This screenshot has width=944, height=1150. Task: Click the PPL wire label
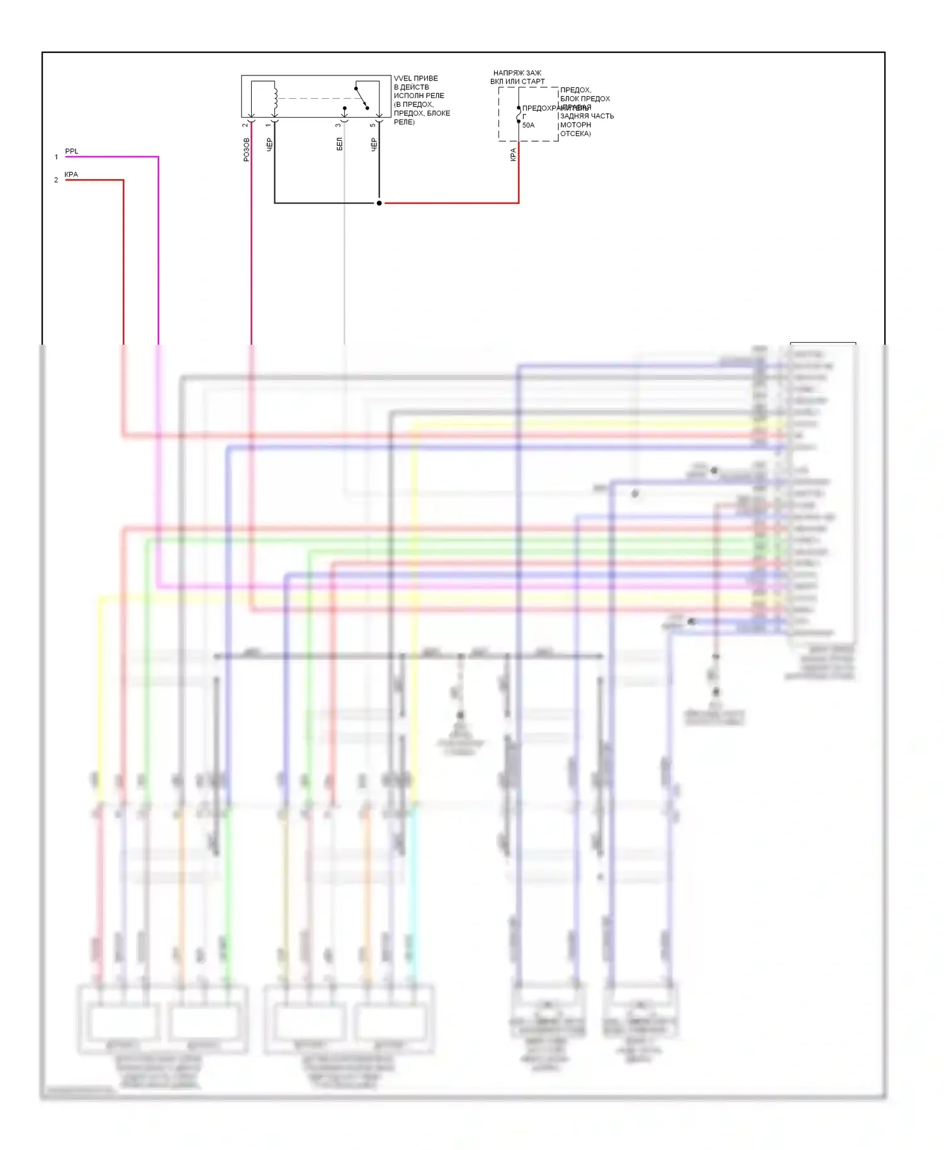tap(72, 151)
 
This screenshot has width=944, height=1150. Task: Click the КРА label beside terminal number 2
tap(71, 174)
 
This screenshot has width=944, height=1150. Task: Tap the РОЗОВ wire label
tap(246, 150)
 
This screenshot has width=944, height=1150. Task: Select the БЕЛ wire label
tap(339, 144)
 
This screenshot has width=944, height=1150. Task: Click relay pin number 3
tap(338, 125)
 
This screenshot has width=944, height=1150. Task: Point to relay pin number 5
tap(373, 125)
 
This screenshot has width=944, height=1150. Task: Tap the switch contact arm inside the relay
tap(362, 98)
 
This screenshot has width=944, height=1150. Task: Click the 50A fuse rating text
tap(528, 125)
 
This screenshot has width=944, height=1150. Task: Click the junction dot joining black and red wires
tap(379, 203)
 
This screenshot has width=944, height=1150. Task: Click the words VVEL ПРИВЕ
tap(415, 79)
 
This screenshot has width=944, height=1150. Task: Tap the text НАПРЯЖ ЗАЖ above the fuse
tap(517, 73)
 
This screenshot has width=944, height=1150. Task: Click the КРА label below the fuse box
tap(513, 154)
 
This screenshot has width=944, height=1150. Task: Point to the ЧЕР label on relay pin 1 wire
tap(269, 145)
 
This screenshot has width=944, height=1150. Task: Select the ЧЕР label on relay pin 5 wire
tap(374, 145)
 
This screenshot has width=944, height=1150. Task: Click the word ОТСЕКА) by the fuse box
tap(575, 133)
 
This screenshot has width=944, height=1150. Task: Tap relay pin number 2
tap(245, 125)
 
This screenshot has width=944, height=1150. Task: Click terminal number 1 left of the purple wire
tap(56, 157)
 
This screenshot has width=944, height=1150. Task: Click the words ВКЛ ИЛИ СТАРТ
tap(517, 82)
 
